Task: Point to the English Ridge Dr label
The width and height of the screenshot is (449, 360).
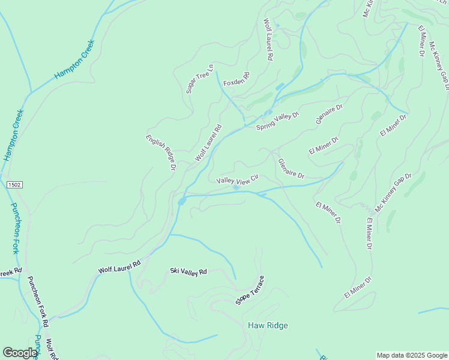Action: pyautogui.click(x=160, y=152)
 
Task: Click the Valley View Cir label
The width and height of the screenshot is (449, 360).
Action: pyautogui.click(x=237, y=179)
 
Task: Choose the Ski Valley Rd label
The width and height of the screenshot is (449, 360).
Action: pyautogui.click(x=188, y=272)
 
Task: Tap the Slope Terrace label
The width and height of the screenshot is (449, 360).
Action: pyautogui.click(x=250, y=290)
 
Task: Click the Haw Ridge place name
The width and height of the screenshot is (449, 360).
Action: pyautogui.click(x=268, y=325)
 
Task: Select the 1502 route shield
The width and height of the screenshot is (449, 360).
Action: pyautogui.click(x=15, y=185)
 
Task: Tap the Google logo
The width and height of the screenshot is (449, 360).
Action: pyautogui.click(x=20, y=352)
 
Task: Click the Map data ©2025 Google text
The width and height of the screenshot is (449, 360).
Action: pyautogui.click(x=412, y=355)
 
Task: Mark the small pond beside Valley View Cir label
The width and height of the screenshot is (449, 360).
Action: pyautogui.click(x=236, y=188)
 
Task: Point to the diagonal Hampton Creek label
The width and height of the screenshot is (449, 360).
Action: pyautogui.click(x=74, y=59)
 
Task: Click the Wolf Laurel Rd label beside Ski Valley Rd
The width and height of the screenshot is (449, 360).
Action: pyautogui.click(x=119, y=267)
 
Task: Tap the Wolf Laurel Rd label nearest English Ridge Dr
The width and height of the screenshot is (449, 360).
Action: pyautogui.click(x=208, y=143)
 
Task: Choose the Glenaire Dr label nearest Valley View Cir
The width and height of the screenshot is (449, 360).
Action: pyautogui.click(x=291, y=168)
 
